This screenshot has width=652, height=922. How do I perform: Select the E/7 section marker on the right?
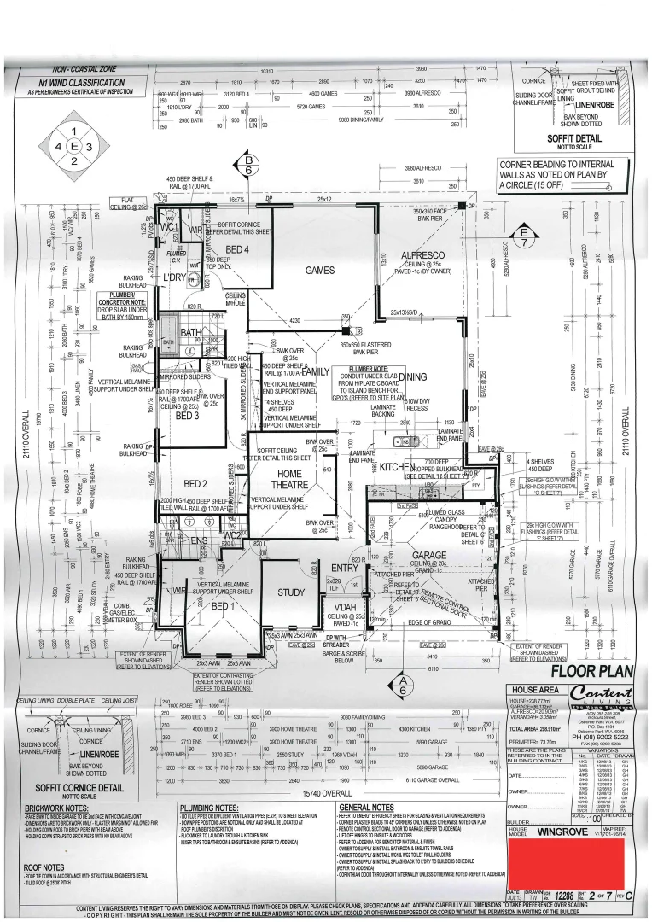click(522, 233)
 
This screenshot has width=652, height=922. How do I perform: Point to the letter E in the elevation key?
click(74, 146)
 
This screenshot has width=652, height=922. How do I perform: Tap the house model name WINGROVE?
click(571, 829)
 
